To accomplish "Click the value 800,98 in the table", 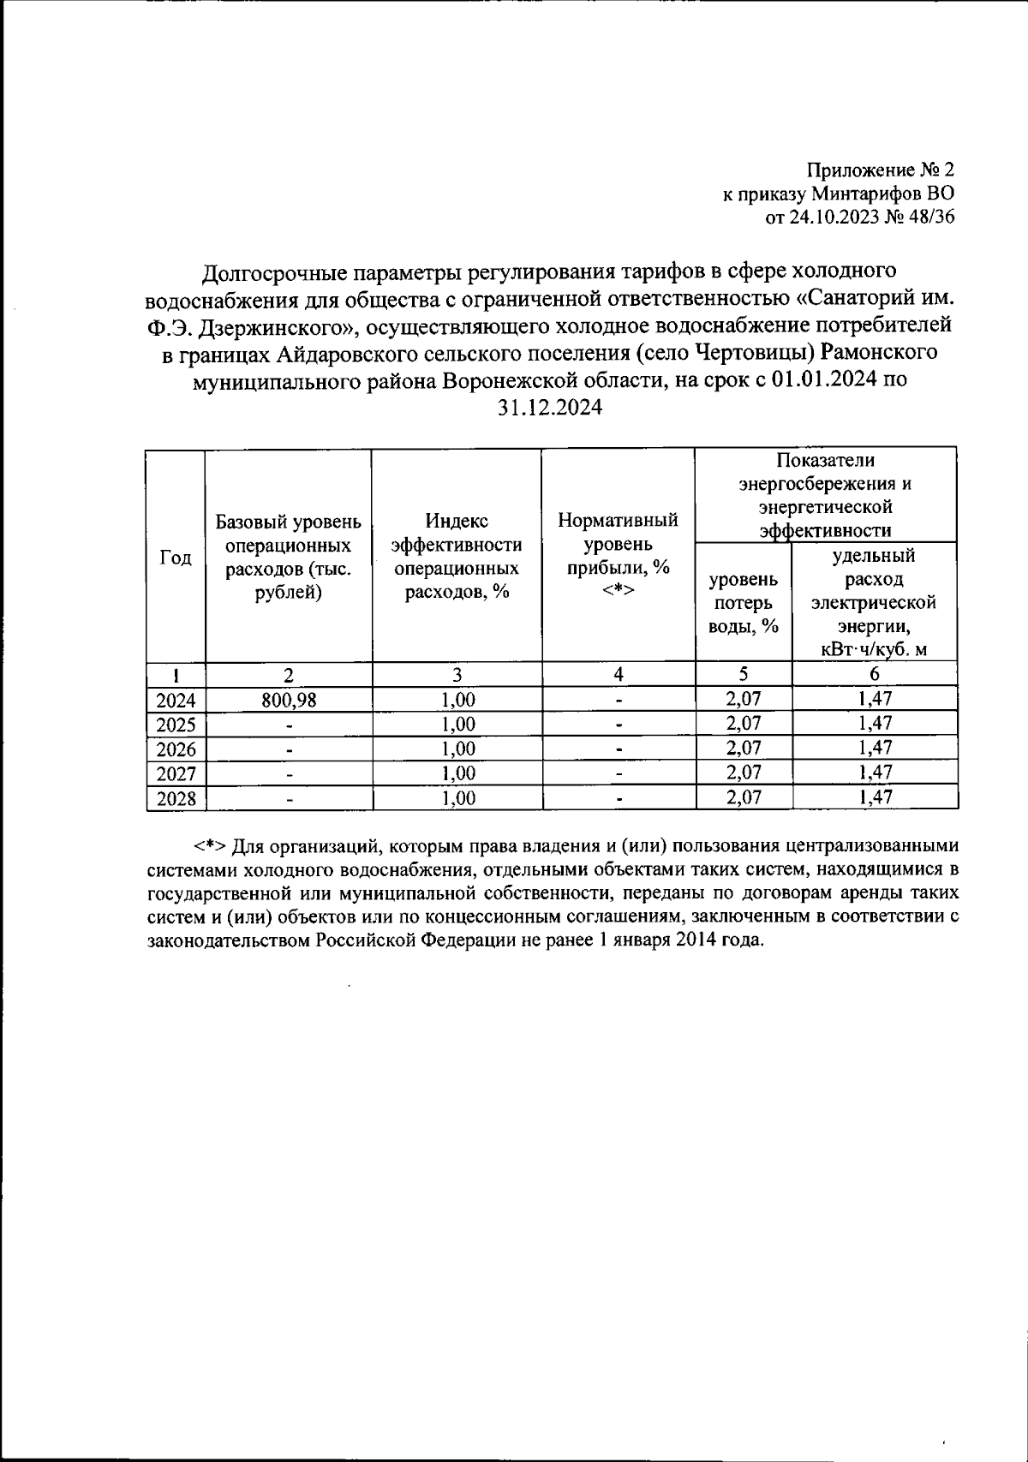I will click(289, 700).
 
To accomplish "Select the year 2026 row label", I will click(176, 749).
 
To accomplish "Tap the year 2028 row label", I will click(176, 799).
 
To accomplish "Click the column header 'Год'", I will click(176, 558).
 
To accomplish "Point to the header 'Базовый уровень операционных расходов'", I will click(289, 557).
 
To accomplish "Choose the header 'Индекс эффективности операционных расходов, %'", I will click(457, 557).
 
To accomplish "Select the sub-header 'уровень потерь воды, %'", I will click(743, 603).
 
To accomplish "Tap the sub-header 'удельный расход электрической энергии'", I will click(874, 602).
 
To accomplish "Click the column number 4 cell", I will click(618, 674).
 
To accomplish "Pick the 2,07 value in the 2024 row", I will click(743, 699).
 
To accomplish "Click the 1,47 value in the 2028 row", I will click(874, 797).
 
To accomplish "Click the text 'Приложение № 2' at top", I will click(881, 170).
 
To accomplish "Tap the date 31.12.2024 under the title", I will click(550, 408).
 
